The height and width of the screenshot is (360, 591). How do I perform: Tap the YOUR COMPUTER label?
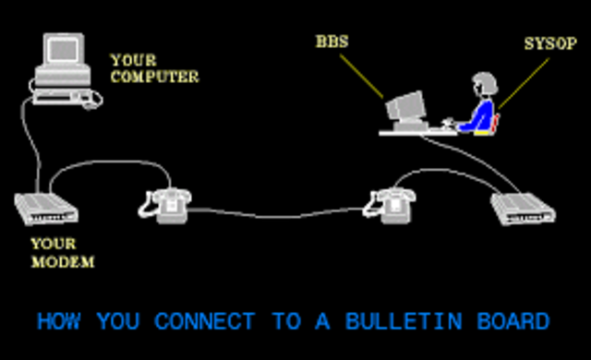153,68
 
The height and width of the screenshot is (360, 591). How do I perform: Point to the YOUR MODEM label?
63,253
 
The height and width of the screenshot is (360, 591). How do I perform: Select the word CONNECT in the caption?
204,321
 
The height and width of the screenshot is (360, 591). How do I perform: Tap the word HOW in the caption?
57,321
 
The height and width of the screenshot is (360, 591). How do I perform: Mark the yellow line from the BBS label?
362,74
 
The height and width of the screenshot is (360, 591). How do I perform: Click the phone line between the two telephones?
277,216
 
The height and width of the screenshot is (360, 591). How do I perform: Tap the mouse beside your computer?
91,102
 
